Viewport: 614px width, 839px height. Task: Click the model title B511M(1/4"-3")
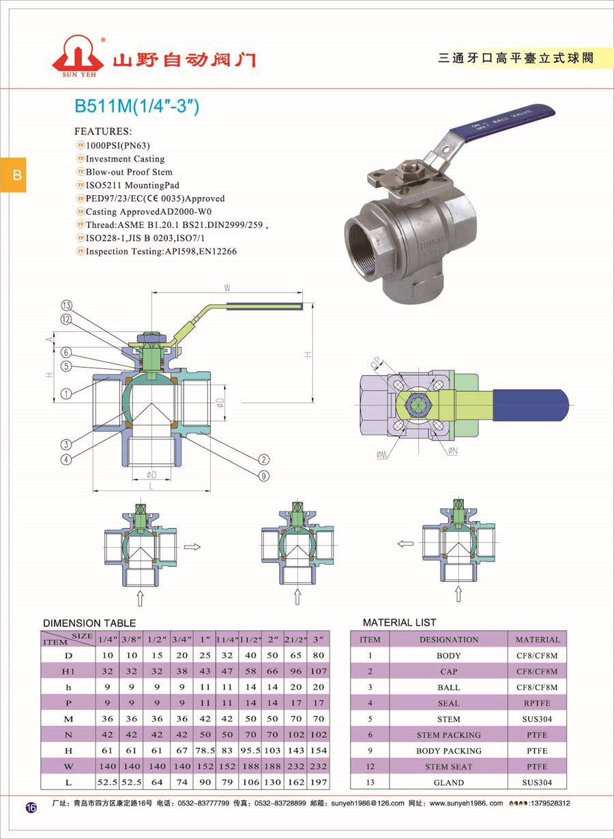pyautogui.click(x=136, y=107)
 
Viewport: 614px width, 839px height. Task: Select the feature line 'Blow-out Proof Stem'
pyautogui.click(x=129, y=172)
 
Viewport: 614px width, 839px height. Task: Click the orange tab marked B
pyautogui.click(x=16, y=175)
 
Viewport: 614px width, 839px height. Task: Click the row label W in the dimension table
pyautogui.click(x=68, y=766)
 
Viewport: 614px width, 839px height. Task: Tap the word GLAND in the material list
pyautogui.click(x=448, y=782)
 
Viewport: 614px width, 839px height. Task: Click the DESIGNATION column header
pyautogui.click(x=448, y=640)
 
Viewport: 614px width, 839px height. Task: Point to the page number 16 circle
pyautogui.click(x=31, y=808)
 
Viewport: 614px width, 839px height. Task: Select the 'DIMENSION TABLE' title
pyautogui.click(x=89, y=623)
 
